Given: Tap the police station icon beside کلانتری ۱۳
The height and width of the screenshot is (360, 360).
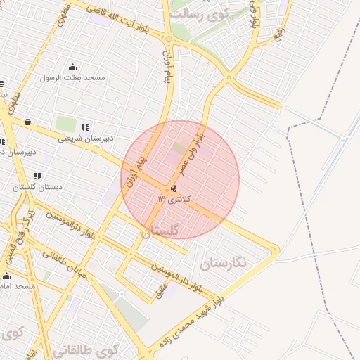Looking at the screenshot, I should point(173,188).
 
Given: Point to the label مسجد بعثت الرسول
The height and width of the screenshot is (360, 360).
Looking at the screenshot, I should point(72,77).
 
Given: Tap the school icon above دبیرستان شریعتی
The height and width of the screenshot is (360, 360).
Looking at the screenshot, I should point(85,127).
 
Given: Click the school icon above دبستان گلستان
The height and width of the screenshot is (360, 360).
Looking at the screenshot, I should point(37,176).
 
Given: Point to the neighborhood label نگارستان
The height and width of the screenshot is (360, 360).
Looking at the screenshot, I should point(224,264).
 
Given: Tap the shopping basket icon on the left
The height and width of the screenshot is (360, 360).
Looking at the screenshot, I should point(27,122).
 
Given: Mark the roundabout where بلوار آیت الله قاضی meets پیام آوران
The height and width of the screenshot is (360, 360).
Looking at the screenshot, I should point(168,39).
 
